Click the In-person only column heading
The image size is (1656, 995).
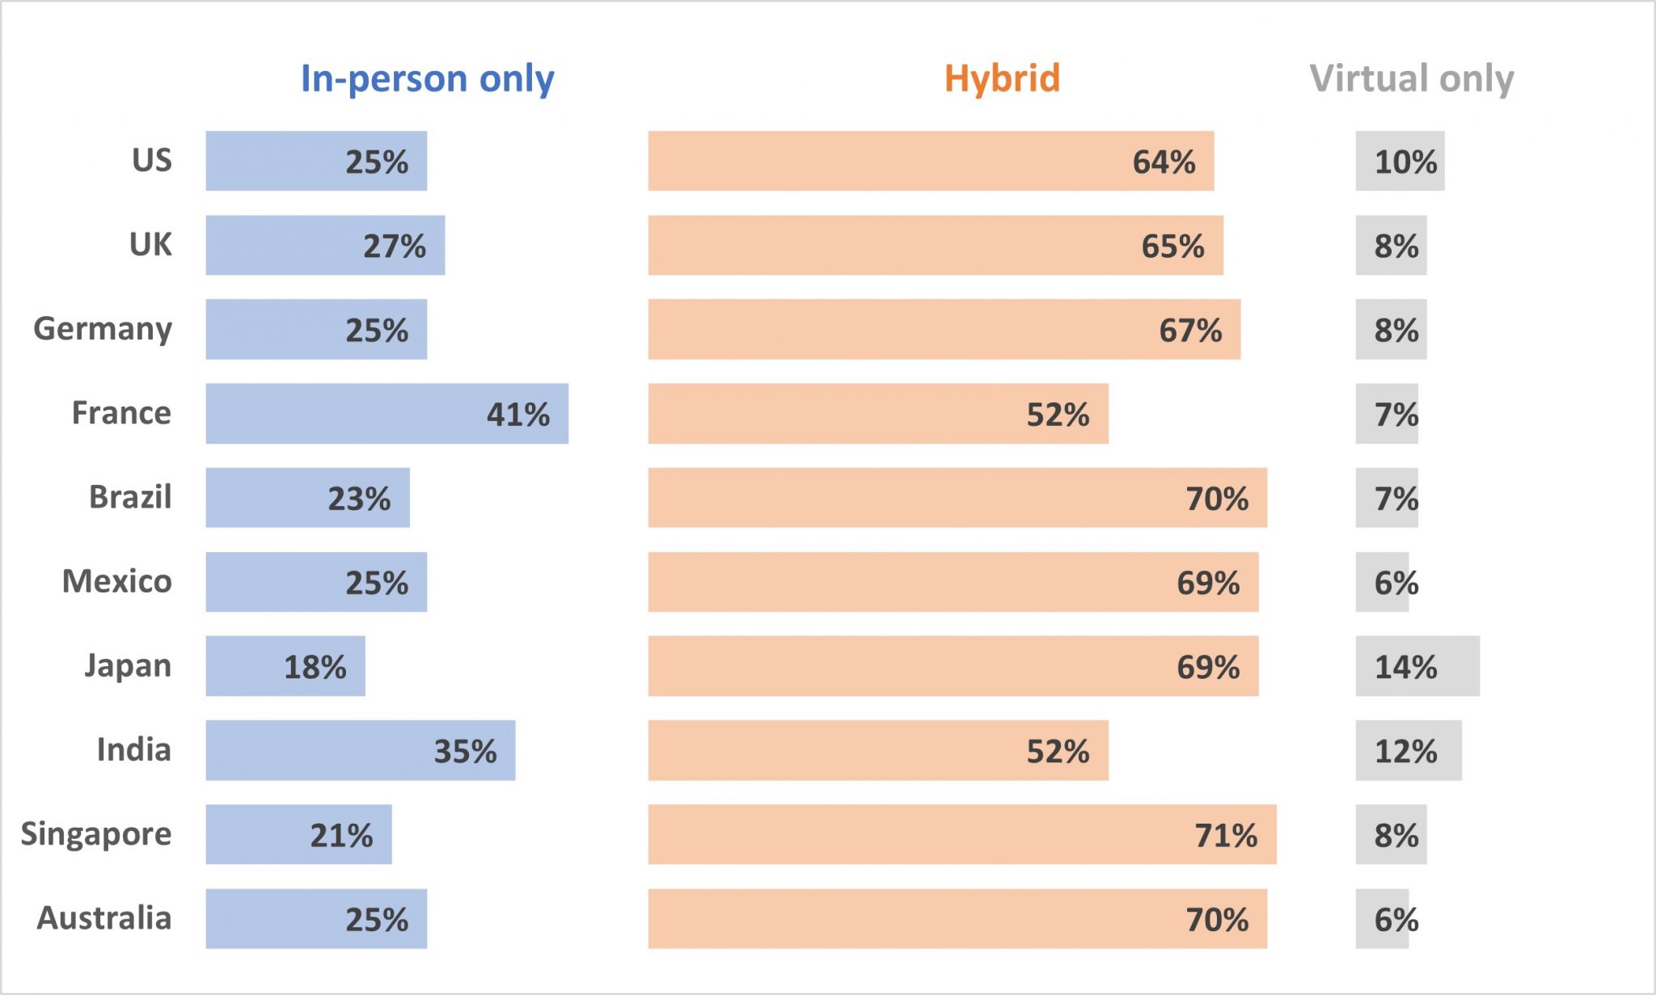tap(427, 79)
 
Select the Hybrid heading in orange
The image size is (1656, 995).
tap(1002, 79)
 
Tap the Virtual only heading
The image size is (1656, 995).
tap(1411, 79)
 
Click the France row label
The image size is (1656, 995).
tap(121, 413)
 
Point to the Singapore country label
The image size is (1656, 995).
tap(96, 835)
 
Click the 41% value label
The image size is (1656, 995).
tap(517, 415)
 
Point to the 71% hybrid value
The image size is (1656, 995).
tap(1226, 836)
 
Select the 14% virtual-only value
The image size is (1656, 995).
tap(1405, 668)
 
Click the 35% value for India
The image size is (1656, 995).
tap(465, 752)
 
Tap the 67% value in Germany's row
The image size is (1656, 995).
tap(1190, 331)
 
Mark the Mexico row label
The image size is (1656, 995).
tap(117, 581)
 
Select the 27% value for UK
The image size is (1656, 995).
tap(394, 247)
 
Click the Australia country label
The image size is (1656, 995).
tap(104, 918)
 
